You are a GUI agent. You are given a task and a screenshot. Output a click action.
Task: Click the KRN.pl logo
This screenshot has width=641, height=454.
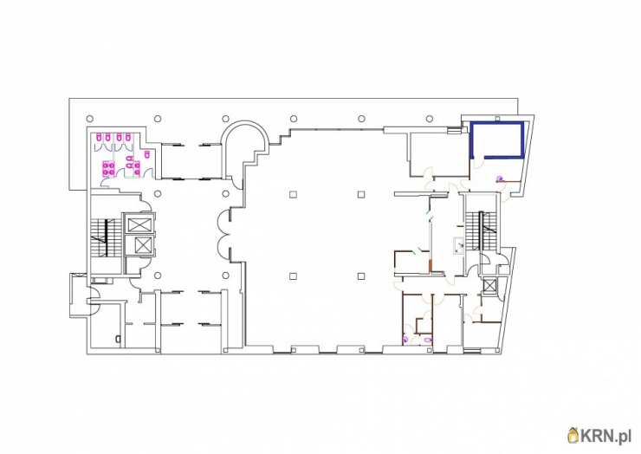click(599, 436)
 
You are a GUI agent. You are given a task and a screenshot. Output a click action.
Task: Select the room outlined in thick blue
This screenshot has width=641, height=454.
click(496, 139)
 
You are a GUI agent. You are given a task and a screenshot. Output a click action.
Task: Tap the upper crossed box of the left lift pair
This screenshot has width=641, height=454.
click(139, 224)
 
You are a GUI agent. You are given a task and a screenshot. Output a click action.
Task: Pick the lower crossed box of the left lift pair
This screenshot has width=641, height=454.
click(139, 245)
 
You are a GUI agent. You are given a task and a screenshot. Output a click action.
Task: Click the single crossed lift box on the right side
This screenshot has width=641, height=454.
click(489, 285)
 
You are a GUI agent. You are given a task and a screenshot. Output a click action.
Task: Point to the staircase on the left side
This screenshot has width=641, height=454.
click(107, 237)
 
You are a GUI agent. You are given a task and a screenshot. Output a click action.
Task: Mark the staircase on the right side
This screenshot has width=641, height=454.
click(482, 230)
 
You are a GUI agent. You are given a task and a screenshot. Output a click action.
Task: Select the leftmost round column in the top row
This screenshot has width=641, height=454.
click(89, 119)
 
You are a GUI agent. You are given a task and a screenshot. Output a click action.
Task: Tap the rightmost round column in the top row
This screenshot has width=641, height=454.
click(430, 119)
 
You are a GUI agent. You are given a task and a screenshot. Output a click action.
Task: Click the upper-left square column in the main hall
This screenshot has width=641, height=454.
click(293, 194)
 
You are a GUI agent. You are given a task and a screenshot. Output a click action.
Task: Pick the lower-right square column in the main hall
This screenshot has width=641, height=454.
click(361, 276)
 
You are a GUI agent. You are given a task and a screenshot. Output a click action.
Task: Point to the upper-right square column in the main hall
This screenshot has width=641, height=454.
click(361, 194)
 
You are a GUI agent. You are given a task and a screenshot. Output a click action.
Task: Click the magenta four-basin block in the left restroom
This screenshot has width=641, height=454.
click(108, 168)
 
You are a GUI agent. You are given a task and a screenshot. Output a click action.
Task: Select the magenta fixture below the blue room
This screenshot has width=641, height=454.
click(499, 178)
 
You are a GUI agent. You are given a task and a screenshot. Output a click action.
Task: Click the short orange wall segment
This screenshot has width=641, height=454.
click(431, 265)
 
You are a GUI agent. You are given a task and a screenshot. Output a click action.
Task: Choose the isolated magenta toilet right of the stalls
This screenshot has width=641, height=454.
click(147, 153)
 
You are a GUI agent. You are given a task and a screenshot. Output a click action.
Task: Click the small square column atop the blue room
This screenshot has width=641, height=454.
click(497, 119)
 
